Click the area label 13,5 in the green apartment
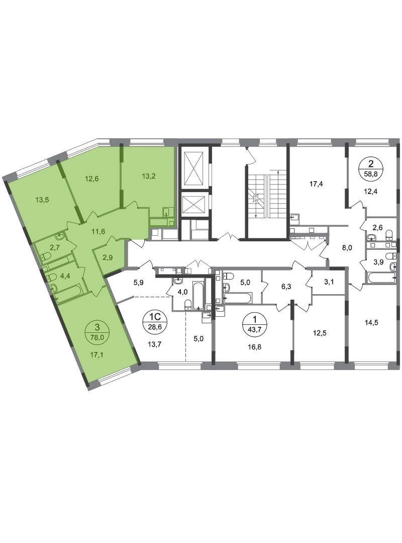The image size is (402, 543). (42, 200)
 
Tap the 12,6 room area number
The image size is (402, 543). (92, 178)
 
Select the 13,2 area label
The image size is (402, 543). (149, 176)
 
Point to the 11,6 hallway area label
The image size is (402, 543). (98, 231)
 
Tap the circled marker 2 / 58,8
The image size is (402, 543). (371, 168)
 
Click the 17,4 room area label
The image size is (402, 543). (316, 184)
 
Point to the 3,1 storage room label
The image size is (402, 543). (329, 282)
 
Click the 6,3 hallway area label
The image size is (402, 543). (286, 287)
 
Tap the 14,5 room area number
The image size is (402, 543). (371, 322)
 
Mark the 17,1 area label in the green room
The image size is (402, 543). (97, 354)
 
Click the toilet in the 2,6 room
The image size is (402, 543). (389, 235)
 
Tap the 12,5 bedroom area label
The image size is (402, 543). (319, 333)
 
